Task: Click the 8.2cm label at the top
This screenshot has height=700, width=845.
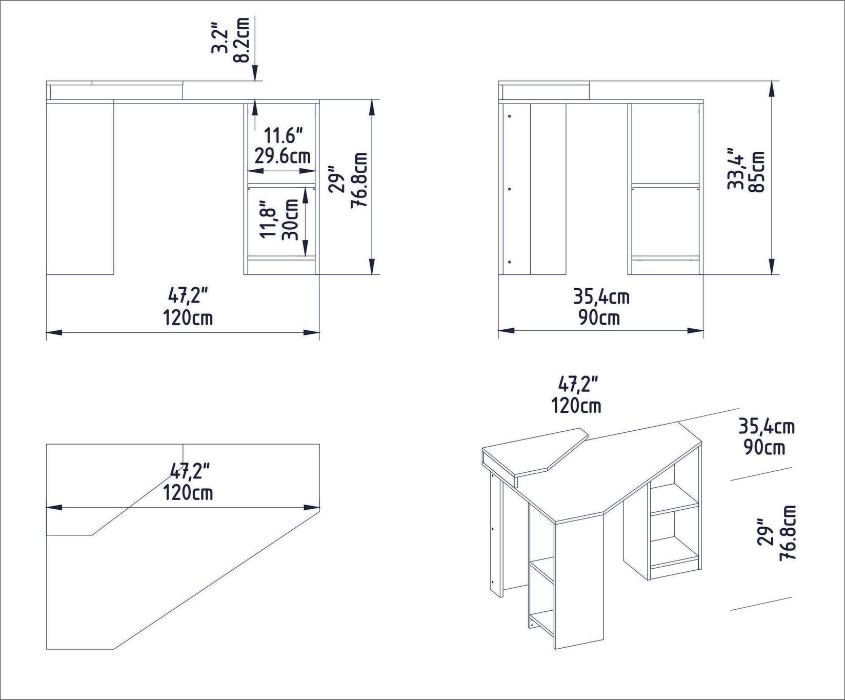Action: coord(241,39)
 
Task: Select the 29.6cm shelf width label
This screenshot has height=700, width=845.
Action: coord(283,156)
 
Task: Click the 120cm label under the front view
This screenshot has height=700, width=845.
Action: coord(188,318)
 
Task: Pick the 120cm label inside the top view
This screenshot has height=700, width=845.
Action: coord(188,493)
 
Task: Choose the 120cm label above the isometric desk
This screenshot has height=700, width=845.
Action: coord(576,406)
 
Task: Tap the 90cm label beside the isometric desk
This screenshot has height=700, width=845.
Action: coord(764,447)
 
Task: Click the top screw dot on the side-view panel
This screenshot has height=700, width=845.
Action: coord(510,117)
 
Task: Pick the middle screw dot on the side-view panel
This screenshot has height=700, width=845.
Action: coord(510,189)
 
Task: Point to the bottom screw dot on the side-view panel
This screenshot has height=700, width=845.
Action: coord(510,262)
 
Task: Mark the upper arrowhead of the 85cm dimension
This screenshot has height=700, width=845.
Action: coord(771,90)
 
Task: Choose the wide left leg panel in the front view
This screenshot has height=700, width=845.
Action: coord(79,188)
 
